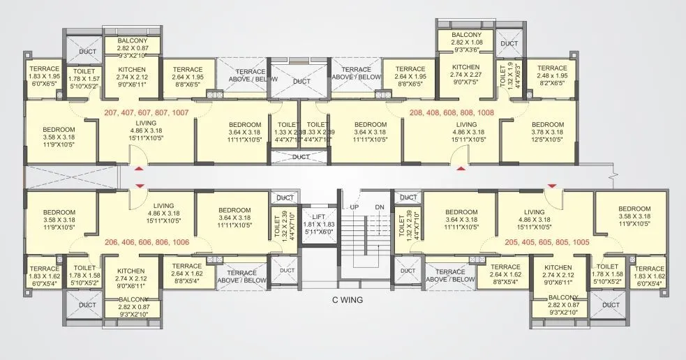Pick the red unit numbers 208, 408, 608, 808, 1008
(451, 112)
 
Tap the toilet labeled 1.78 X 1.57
(84, 75)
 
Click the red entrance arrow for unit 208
(461, 168)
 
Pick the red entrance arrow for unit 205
(552, 185)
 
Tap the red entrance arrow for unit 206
(139, 185)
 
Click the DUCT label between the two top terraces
(301, 82)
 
